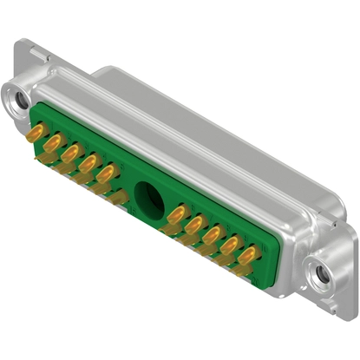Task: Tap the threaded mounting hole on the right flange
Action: coord(323,274)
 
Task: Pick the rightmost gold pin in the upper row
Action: coord(250,255)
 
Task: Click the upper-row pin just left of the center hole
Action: coord(106,172)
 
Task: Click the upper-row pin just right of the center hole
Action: coord(176,213)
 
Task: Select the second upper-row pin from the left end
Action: coord(54,142)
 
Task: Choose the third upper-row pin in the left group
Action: coord(71,153)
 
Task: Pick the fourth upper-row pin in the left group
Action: coord(88,162)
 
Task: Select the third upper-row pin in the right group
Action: coord(213,234)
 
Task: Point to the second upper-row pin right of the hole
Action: coord(194,224)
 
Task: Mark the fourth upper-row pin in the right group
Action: coord(231,245)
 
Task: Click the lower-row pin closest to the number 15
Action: coord(245,270)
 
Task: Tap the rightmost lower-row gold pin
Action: coord(245,270)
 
